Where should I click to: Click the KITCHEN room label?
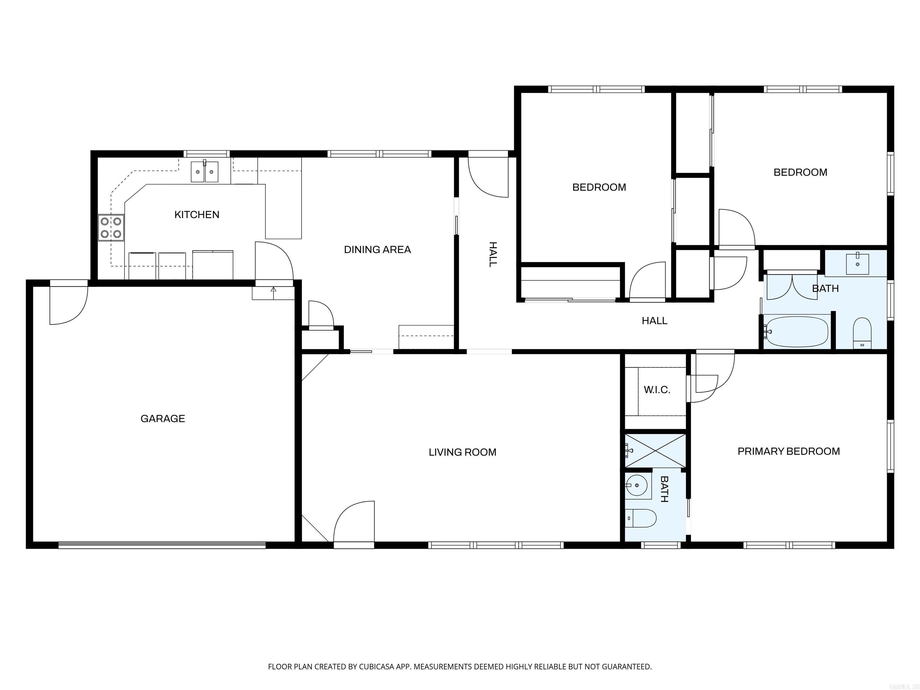(x=197, y=215)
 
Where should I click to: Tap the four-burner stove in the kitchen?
(x=111, y=228)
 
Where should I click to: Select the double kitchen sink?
(x=204, y=172)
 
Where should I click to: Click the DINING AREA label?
(x=377, y=249)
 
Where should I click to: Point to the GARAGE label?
(x=163, y=418)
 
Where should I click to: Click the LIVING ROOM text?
(x=462, y=452)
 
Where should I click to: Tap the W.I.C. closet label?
(x=657, y=390)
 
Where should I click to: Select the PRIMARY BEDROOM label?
(x=789, y=451)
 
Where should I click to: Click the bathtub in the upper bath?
(x=797, y=332)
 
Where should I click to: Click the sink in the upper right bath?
(x=857, y=264)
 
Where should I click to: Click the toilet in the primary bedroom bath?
(x=641, y=518)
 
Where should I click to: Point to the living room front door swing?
(x=354, y=522)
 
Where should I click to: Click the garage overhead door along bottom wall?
(x=162, y=545)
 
